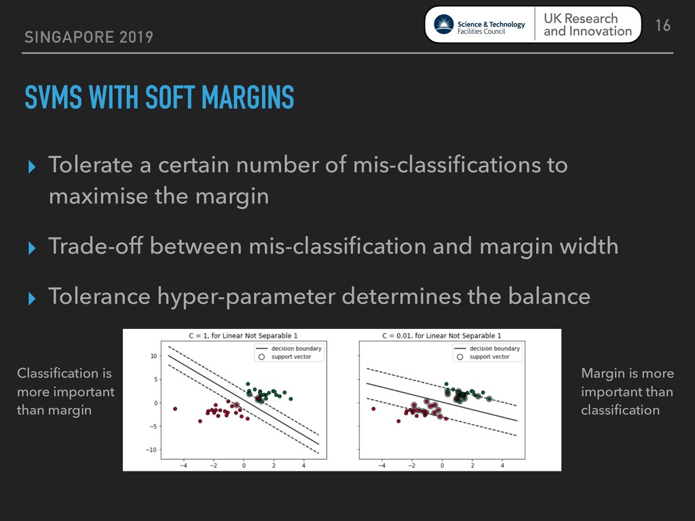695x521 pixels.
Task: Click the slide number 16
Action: click(x=662, y=25)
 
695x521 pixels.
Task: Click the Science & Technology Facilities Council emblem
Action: click(x=443, y=24)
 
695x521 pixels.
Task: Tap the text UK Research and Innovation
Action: click(x=587, y=25)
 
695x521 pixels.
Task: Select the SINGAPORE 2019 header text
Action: click(x=89, y=37)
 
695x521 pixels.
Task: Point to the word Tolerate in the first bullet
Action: click(x=90, y=164)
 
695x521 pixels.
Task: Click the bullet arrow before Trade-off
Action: click(x=31, y=248)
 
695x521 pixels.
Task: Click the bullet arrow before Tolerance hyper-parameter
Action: click(x=31, y=298)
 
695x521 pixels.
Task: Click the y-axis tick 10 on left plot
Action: click(x=153, y=355)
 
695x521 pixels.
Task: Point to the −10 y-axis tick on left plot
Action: click(x=151, y=450)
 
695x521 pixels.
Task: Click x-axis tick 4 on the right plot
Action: click(x=502, y=465)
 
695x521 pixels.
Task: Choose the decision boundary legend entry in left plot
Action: click(x=289, y=349)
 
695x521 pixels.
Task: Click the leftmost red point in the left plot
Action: click(x=175, y=408)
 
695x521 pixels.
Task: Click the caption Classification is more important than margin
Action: click(x=66, y=391)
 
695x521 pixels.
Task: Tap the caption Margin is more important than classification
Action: click(x=627, y=391)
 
